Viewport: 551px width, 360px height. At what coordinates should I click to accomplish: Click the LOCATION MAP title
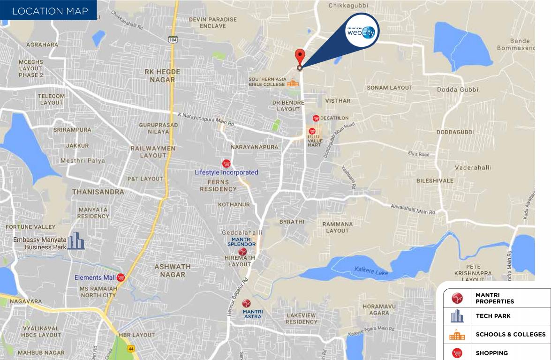(50, 11)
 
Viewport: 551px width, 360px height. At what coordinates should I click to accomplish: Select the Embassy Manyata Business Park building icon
(75, 241)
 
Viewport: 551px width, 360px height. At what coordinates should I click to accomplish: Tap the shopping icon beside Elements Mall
(121, 277)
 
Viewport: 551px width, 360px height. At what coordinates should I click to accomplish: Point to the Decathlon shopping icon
(316, 118)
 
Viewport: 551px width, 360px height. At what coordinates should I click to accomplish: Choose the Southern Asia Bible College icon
(293, 83)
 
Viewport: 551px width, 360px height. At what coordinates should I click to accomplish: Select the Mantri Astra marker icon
(246, 303)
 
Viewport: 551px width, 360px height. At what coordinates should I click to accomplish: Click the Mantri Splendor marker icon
(242, 252)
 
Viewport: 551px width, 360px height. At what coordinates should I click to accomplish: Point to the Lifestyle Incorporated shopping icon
(226, 164)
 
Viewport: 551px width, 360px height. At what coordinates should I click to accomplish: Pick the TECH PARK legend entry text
(493, 316)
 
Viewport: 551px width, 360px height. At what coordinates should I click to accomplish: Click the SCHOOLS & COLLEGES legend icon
(457, 335)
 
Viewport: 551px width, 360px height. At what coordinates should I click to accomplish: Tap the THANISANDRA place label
(98, 192)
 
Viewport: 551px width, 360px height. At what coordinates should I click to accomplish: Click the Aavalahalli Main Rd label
(413, 209)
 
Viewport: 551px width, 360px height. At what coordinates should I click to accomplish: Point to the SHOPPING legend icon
(457, 353)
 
